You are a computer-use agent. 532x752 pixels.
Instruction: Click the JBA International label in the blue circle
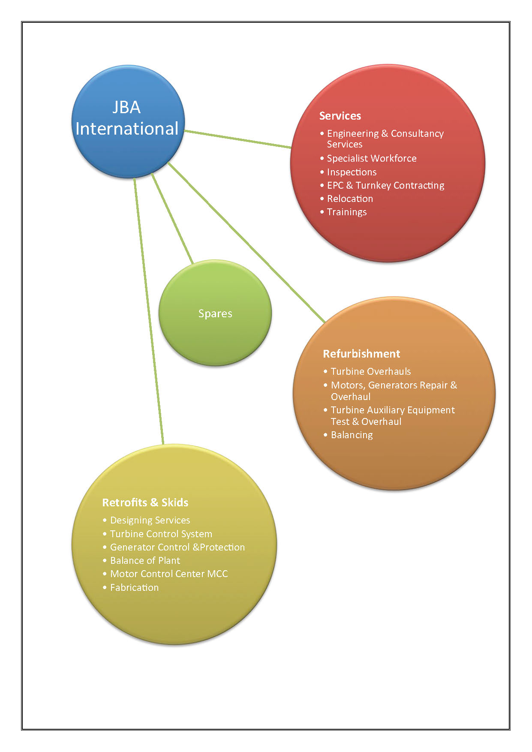click(x=127, y=118)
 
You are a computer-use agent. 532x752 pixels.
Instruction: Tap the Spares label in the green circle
click(x=215, y=313)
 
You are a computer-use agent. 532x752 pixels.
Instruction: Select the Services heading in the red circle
click(x=340, y=116)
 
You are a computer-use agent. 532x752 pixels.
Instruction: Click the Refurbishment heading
click(x=361, y=354)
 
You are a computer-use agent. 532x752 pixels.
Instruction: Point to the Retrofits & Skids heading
click(x=145, y=502)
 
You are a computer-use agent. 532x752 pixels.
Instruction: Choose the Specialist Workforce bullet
click(x=371, y=158)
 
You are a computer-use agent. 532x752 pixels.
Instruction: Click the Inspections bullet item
click(x=352, y=172)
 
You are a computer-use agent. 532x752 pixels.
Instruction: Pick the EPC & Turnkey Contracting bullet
click(x=385, y=185)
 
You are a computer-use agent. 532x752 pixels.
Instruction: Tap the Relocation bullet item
click(x=350, y=199)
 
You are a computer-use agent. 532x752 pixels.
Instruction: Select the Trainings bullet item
click(x=347, y=212)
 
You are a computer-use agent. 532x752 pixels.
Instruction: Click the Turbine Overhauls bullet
click(x=370, y=371)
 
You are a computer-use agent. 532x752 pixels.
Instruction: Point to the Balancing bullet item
click(x=352, y=435)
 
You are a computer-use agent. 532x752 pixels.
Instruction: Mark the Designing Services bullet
click(x=150, y=520)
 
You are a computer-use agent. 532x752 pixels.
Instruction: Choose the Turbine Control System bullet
click(x=161, y=534)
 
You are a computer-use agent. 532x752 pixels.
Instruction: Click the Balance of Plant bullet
click(x=145, y=560)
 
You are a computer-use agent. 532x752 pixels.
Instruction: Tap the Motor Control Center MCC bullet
click(x=169, y=574)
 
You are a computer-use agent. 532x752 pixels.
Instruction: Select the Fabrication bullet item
click(x=134, y=587)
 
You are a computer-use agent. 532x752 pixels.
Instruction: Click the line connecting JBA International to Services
click(x=238, y=139)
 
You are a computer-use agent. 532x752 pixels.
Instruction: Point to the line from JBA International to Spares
click(x=172, y=219)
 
